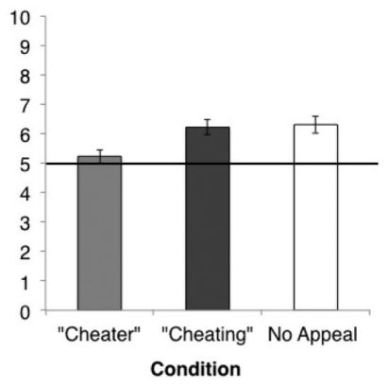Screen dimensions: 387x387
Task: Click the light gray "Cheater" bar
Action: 99,233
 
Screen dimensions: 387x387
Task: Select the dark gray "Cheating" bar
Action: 208,219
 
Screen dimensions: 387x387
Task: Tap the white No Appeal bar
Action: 315,218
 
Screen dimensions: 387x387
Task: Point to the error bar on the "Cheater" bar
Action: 100,156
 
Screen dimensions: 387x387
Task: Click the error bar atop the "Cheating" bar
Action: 208,127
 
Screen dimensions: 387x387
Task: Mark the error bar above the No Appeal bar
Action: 315,125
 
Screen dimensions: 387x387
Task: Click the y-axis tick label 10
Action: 21,18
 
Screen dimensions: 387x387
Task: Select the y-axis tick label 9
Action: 25,47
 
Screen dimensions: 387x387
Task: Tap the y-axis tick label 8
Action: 25,77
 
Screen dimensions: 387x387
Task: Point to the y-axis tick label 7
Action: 25,106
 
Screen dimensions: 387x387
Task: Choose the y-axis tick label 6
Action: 25,135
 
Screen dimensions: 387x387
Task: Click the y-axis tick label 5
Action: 25,165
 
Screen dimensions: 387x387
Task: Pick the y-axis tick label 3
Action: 25,223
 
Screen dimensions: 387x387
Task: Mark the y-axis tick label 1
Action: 25,282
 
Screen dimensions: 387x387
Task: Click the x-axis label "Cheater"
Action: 99,334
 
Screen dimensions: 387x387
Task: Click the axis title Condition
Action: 195,369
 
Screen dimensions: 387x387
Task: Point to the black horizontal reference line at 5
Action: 212,164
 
